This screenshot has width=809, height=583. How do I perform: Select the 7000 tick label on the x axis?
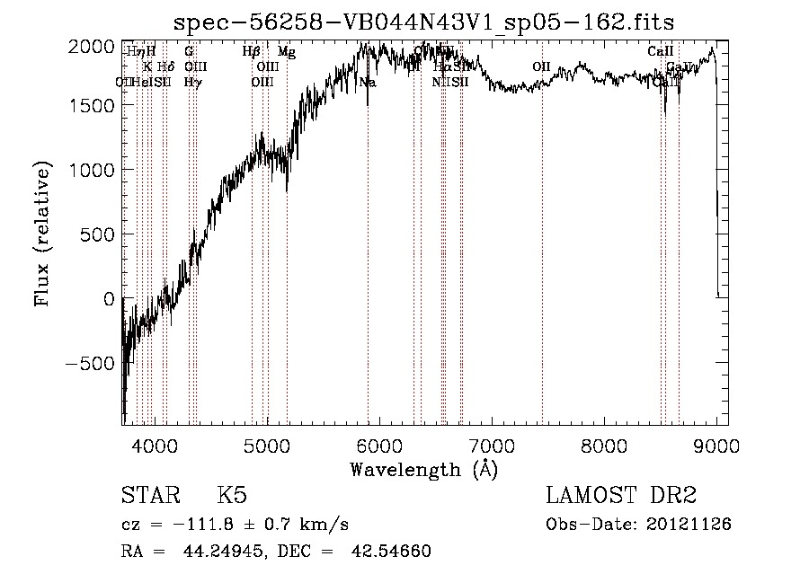[x=492, y=446]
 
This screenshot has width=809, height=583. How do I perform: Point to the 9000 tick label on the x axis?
[x=716, y=446]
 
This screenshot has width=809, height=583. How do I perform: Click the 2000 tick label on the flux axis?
[x=93, y=47]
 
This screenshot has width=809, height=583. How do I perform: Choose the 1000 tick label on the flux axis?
[x=93, y=170]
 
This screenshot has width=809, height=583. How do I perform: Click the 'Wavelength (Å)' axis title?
[x=423, y=469]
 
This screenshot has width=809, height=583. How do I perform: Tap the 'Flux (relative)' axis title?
[x=42, y=234]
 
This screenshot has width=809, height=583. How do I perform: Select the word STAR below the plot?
[x=148, y=496]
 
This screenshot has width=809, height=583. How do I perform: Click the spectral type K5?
[x=232, y=496]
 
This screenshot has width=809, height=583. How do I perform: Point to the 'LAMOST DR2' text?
[x=621, y=496]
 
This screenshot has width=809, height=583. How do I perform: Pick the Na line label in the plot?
[x=368, y=83]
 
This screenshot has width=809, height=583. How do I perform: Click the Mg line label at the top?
[x=287, y=52]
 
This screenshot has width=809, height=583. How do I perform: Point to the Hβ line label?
[x=252, y=52]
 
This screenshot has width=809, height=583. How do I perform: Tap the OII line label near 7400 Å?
[x=541, y=66]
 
